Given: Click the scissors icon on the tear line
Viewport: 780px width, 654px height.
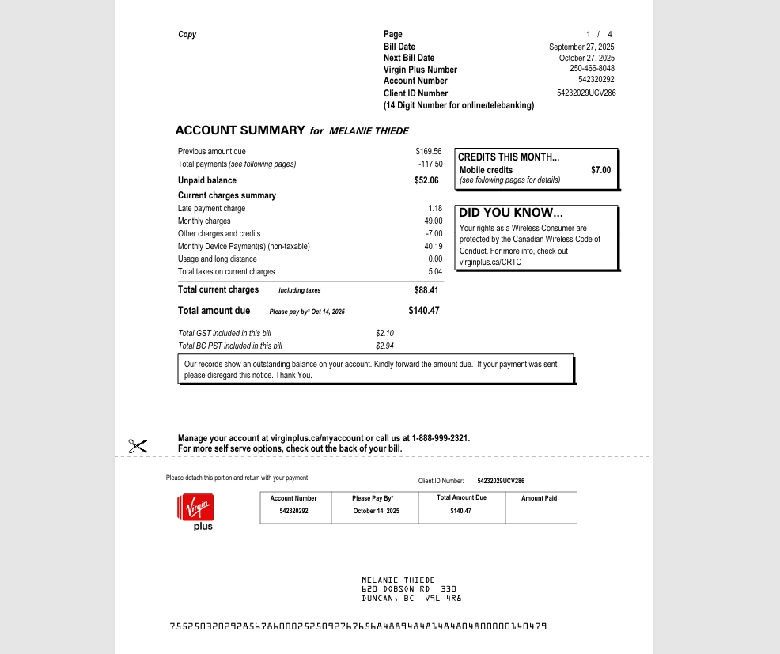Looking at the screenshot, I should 138,446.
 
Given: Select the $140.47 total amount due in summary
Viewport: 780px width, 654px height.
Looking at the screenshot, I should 424,311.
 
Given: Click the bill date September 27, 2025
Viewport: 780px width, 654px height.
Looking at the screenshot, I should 581,47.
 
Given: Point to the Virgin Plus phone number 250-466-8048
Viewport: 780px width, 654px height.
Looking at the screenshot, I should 592,69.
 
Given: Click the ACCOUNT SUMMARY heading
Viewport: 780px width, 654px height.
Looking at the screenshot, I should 240,130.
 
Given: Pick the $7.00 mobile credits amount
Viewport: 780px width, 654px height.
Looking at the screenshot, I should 600,170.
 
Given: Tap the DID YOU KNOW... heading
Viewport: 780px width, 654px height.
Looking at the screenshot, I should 511,213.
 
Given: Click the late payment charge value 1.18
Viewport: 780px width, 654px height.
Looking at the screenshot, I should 435,209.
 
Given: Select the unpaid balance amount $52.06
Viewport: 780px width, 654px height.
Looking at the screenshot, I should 426,180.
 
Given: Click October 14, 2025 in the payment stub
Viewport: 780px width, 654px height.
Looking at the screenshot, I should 377,512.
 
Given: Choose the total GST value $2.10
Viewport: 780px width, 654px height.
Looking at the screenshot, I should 384,334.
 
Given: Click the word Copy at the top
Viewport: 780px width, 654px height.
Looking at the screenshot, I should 187,35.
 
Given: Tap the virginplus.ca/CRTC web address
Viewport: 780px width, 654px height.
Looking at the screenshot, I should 490,263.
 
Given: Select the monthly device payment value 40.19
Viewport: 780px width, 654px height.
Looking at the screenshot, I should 434,247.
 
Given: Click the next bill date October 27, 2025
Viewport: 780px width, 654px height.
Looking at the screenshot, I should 586,59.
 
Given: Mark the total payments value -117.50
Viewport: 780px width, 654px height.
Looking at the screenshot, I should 430,164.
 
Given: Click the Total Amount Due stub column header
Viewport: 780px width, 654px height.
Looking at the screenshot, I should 461,498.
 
